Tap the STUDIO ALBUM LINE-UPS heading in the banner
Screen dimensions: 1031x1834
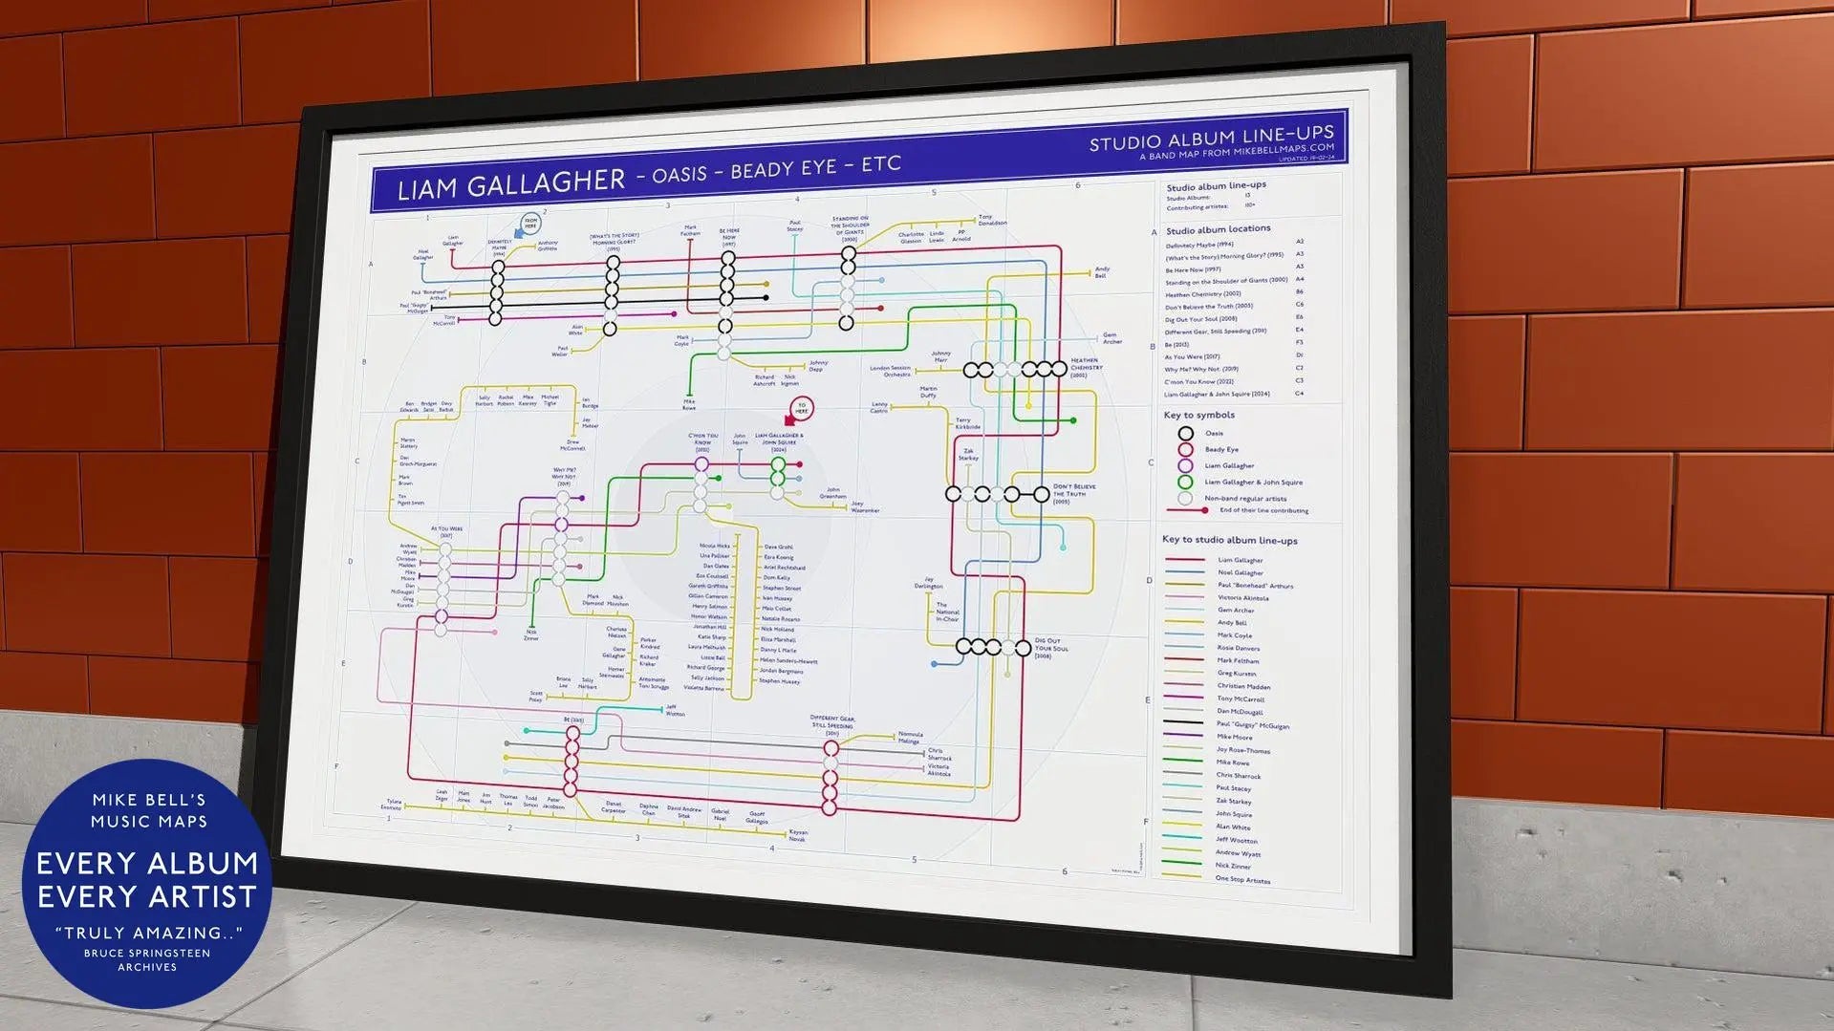click(x=1211, y=139)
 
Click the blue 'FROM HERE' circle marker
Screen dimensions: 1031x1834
click(x=529, y=225)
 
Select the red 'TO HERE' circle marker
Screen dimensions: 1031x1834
click(x=801, y=409)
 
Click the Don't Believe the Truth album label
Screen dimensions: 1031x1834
click(x=1073, y=493)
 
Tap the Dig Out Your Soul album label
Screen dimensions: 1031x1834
click(x=1050, y=647)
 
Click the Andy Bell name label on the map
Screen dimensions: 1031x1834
click(x=1101, y=272)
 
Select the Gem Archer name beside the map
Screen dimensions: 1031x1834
click(x=1111, y=338)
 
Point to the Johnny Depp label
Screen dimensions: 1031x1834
click(x=818, y=365)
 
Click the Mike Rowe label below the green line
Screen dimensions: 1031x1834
click(x=689, y=404)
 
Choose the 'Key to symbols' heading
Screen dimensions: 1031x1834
click(x=1198, y=415)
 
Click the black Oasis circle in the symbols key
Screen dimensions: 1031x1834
click(x=1186, y=433)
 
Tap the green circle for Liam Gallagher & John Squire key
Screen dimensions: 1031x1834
click(x=1185, y=482)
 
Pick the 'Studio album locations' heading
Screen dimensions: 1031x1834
click(x=1218, y=229)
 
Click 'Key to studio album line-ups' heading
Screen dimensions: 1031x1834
click(x=1229, y=540)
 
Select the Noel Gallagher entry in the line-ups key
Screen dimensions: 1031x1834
click(x=1240, y=572)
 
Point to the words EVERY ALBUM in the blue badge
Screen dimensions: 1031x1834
click(x=147, y=863)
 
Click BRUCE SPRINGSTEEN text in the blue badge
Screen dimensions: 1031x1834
click(x=147, y=953)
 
